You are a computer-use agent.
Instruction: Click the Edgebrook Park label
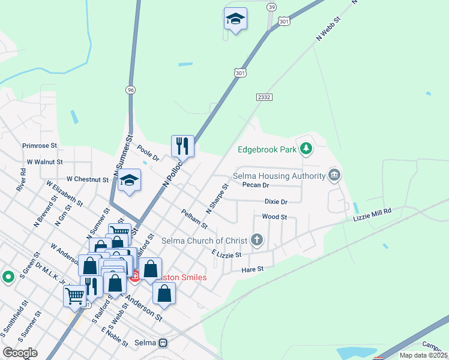267,149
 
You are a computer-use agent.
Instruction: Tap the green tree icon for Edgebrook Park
306,148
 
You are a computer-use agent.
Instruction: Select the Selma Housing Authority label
279,176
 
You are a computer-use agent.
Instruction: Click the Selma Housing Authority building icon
334,176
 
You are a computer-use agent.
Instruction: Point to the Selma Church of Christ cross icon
257,241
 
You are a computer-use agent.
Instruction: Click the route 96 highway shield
131,89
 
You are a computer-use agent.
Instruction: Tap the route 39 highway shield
272,7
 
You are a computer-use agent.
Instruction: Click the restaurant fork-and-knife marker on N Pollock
182,146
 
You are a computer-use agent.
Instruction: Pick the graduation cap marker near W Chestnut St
128,180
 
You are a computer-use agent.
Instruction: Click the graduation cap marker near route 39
235,19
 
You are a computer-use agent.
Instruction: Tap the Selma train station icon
162,343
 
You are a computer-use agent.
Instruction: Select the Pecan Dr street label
255,185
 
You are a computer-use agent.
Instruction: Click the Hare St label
252,269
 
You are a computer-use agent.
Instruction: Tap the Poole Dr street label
148,154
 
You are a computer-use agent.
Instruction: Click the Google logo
20,352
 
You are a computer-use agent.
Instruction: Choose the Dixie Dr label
276,202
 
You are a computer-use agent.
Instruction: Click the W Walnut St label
45,162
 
